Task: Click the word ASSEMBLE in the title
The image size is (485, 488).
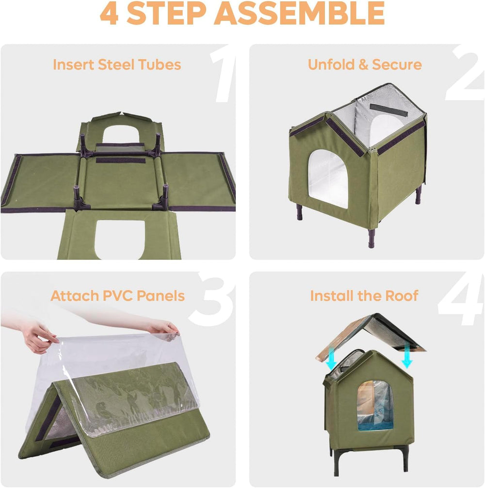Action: pos(299,13)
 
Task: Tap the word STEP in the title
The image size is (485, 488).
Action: pos(166,13)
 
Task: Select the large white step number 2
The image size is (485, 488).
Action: pos(465,74)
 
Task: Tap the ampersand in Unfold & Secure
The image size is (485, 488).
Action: pos(363,64)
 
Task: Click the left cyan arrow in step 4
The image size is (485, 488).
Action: pos(331,358)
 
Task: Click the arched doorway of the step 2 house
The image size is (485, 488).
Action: pos(328,179)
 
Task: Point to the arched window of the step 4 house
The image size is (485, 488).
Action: pos(375,405)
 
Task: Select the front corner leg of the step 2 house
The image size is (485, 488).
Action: pos(372,238)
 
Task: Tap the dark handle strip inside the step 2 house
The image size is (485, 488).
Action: pos(388,110)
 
